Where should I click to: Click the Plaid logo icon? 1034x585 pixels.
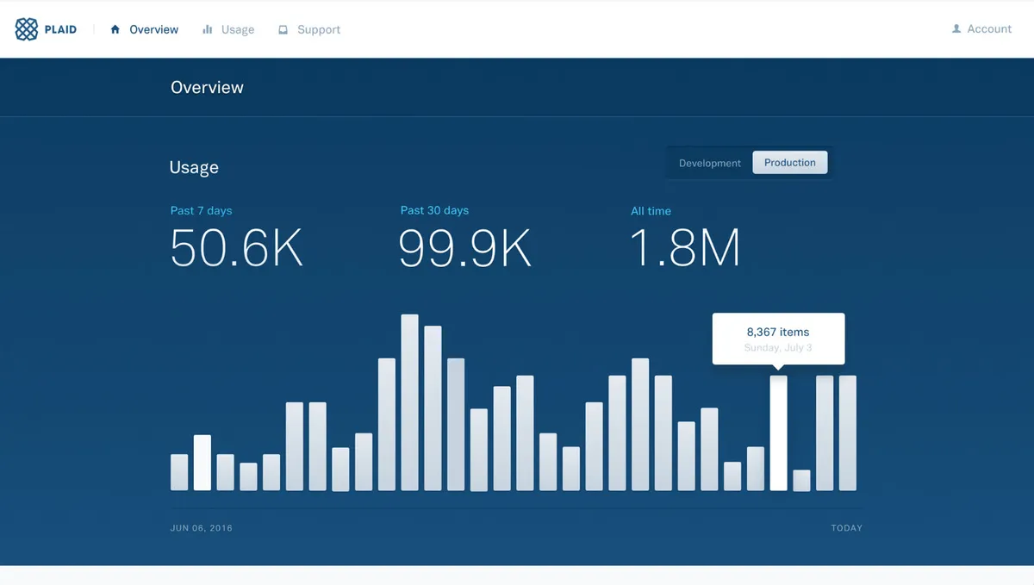(27, 29)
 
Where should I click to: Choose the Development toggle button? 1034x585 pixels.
(709, 163)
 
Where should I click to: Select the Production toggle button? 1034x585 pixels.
(789, 163)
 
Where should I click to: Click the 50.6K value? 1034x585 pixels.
(237, 248)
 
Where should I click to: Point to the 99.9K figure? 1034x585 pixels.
(464, 248)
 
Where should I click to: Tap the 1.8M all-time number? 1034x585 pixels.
(685, 248)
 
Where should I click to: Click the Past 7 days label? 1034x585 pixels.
(201, 211)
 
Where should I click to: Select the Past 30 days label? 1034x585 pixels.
(434, 211)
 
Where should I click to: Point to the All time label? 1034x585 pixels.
(651, 211)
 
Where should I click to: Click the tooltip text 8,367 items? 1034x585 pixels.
(777, 332)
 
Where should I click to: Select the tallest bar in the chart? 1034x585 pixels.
(410, 402)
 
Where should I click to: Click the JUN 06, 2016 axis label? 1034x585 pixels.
(202, 528)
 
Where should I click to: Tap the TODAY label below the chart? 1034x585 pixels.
(846, 528)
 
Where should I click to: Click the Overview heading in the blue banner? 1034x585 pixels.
(207, 87)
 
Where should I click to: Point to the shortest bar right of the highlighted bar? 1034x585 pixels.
(801, 481)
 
